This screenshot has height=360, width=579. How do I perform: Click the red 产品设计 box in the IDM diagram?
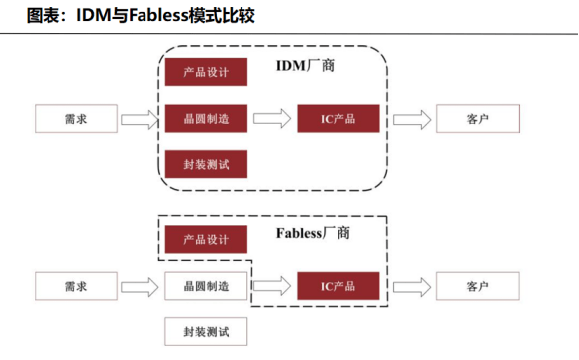coord(205,73)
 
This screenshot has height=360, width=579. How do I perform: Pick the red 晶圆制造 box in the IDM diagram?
coord(205,119)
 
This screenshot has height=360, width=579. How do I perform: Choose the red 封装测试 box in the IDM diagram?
coord(205,164)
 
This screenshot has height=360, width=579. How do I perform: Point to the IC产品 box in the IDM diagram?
coord(338,119)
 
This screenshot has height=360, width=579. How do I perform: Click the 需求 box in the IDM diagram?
coord(76,119)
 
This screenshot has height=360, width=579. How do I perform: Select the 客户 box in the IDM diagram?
coord(477,119)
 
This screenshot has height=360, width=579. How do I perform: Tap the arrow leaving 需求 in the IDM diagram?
coord(140,119)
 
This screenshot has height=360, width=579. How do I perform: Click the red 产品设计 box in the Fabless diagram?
coord(205,240)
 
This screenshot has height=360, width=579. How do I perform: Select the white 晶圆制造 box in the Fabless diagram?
coord(205,286)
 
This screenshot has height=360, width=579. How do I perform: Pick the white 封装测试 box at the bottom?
coord(205,331)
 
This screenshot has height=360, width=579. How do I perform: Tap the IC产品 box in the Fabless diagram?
coord(338,286)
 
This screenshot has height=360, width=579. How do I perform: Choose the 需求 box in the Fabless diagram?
coord(76,286)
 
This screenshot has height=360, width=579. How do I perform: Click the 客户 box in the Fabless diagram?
coord(477,286)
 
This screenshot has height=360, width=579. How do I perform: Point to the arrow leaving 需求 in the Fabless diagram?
coord(140,286)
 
